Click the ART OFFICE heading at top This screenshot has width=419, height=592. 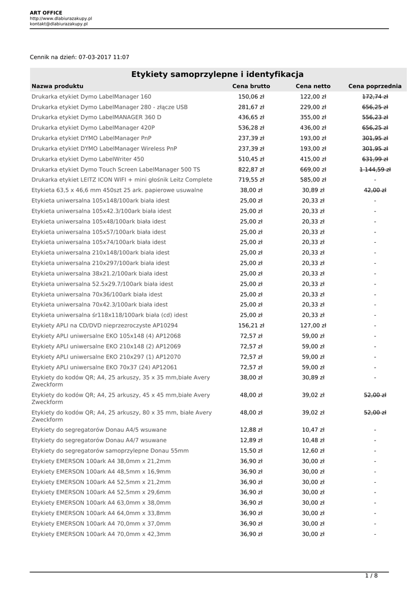pyautogui.click(x=46, y=12)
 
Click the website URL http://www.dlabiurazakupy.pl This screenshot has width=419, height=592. pyautogui.click(x=61, y=18)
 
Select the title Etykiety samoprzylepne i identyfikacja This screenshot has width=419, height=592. pyautogui.click(x=217, y=74)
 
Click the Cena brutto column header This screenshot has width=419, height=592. pyautogui.click(x=251, y=86)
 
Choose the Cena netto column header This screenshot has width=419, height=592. pyautogui.click(x=313, y=86)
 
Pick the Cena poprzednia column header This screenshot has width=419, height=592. pyautogui.click(x=374, y=86)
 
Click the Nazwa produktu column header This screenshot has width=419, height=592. pyautogui.click(x=57, y=86)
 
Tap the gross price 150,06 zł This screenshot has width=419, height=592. pyautogui.click(x=251, y=97)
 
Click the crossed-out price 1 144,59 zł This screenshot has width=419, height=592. pyautogui.click(x=374, y=169)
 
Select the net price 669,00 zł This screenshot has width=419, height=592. pyautogui.click(x=313, y=169)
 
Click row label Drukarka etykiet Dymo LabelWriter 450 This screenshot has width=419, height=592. pyautogui.click(x=88, y=159)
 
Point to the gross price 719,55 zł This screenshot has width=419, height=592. pyautogui.click(x=251, y=180)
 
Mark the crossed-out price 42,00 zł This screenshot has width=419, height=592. pyautogui.click(x=374, y=190)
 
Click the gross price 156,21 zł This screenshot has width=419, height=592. pyautogui.click(x=251, y=325)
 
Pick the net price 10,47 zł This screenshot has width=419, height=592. pyautogui.click(x=313, y=430)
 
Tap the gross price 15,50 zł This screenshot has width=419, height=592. pyautogui.click(x=251, y=450)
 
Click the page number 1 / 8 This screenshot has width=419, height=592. pyautogui.click(x=371, y=575)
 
